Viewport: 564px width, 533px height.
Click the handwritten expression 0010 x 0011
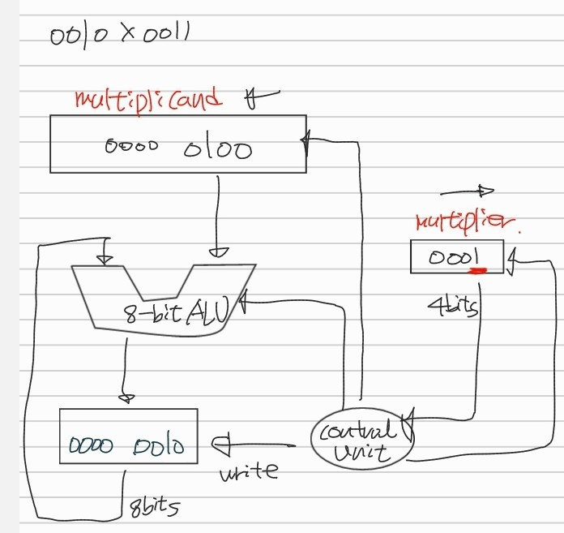119,36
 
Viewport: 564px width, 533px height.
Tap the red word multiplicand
147,100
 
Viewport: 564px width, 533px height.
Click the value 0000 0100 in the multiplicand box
178,148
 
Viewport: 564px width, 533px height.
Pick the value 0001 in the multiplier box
455,257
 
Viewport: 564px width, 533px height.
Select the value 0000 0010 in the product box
126,445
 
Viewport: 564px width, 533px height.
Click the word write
249,470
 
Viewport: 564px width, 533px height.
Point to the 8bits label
154,507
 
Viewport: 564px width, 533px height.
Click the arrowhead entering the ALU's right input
219,251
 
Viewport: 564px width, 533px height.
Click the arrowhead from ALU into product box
126,398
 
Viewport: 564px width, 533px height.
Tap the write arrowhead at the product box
219,445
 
